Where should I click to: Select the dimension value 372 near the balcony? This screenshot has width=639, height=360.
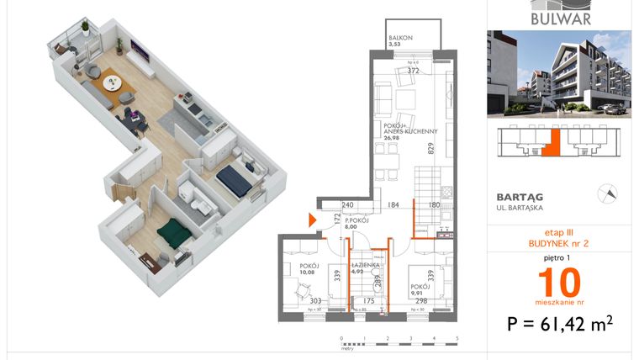[x=413, y=71]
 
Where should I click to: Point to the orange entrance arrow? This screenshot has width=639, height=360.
[x=313, y=220]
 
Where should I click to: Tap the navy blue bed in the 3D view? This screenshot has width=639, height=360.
[x=233, y=179]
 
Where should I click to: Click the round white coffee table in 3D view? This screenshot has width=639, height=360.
[x=112, y=83]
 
